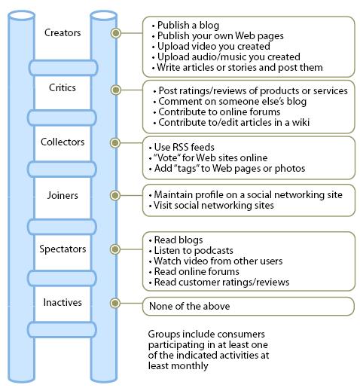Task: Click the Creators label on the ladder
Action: click(x=63, y=33)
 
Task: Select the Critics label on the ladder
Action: click(x=63, y=88)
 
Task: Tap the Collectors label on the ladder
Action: click(x=63, y=142)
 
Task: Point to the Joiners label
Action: click(x=63, y=194)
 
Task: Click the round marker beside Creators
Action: click(x=115, y=33)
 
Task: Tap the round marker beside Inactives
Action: click(x=115, y=303)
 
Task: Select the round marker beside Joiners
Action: click(x=115, y=194)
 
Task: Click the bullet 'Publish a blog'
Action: click(x=188, y=25)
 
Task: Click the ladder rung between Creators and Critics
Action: click(x=63, y=68)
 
